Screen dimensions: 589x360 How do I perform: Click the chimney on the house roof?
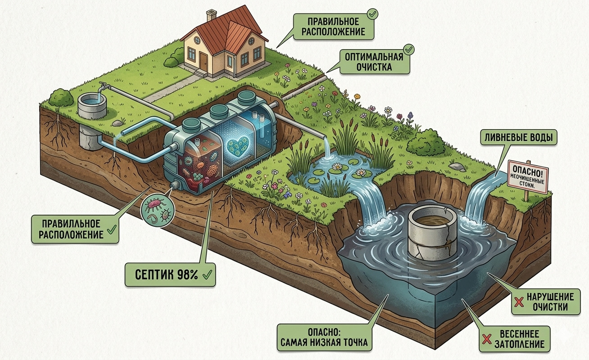211,15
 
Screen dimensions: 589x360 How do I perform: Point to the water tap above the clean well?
103,85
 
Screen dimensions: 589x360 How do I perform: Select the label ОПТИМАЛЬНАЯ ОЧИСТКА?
375,62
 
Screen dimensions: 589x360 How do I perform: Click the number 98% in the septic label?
187,274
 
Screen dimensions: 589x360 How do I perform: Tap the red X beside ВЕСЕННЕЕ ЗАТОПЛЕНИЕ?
486,339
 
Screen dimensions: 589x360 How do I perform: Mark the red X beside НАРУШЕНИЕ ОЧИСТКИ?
519,302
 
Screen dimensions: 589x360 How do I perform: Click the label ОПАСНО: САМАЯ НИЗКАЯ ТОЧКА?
324,337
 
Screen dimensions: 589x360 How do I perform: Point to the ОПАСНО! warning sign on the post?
527,178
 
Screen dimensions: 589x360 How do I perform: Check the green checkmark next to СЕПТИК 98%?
207,275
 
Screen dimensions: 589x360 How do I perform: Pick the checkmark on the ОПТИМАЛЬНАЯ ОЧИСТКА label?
408,49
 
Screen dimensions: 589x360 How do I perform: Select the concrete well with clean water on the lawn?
92,106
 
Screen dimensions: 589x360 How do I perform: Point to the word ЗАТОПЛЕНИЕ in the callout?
519,344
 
